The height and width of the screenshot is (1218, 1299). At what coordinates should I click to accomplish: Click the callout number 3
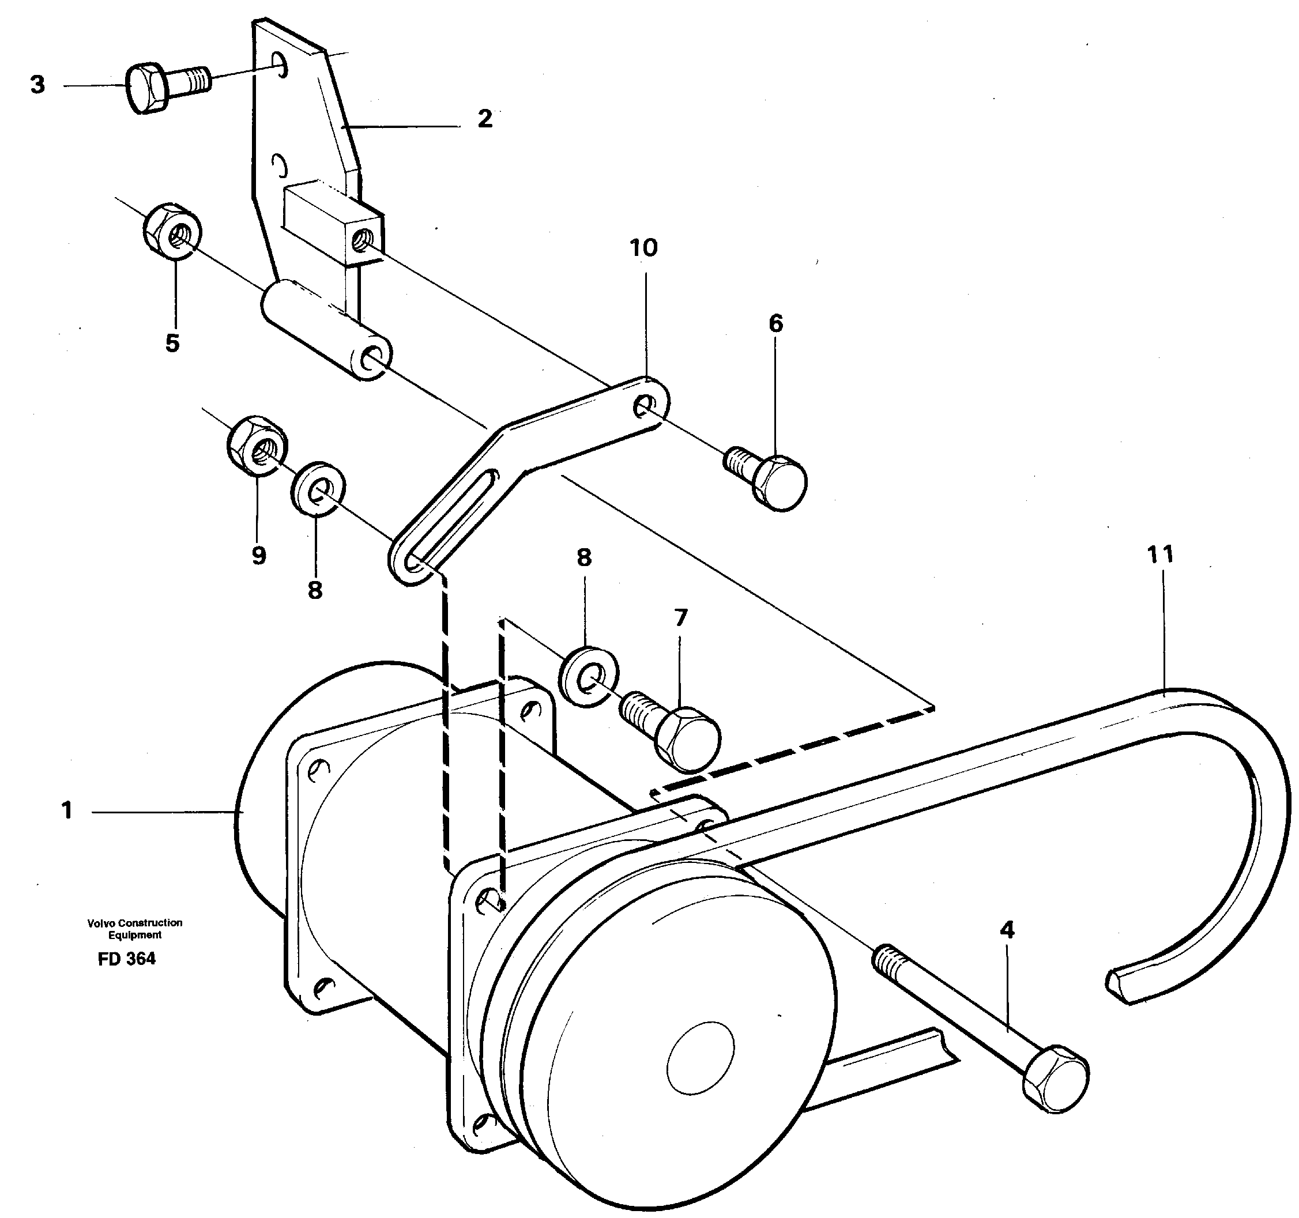[38, 85]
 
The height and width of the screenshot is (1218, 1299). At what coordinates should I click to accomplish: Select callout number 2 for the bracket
[484, 119]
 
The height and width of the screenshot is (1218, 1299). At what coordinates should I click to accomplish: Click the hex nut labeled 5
[172, 229]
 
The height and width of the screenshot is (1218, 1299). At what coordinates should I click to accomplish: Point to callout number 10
[643, 248]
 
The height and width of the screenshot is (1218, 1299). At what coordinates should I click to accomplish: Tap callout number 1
[67, 811]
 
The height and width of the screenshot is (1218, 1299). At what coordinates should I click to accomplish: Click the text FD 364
[127, 959]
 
